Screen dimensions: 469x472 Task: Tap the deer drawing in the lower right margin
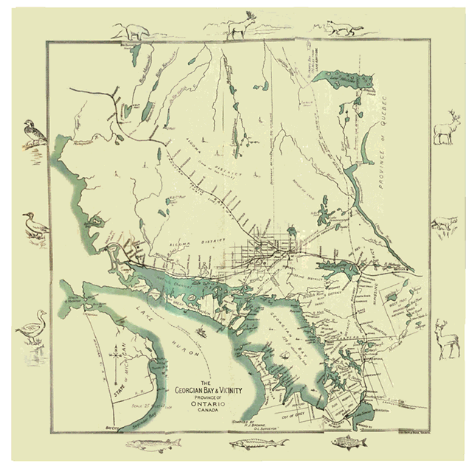pos(445,339)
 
